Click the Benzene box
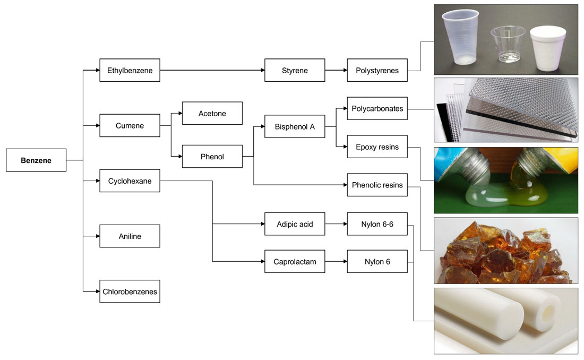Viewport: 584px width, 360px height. point(36,160)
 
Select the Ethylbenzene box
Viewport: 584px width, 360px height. point(130,70)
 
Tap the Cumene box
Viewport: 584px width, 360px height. point(130,126)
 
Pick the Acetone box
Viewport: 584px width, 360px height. point(212,114)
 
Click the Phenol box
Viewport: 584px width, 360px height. point(212,157)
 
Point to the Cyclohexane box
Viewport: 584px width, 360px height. point(130,181)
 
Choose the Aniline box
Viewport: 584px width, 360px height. point(130,236)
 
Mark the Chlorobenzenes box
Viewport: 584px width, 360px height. point(130,292)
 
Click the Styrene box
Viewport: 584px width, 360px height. point(295,70)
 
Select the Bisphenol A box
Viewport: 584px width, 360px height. point(295,127)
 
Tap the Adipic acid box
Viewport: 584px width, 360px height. point(295,224)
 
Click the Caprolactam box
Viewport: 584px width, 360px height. point(295,262)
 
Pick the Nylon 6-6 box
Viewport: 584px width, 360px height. point(377,224)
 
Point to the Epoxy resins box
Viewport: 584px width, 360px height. point(377,147)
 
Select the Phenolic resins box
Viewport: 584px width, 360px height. point(377,185)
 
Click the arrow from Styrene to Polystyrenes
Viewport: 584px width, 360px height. point(336,70)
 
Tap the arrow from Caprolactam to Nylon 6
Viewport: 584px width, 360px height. point(336,262)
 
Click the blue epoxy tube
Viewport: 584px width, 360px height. point(451,159)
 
